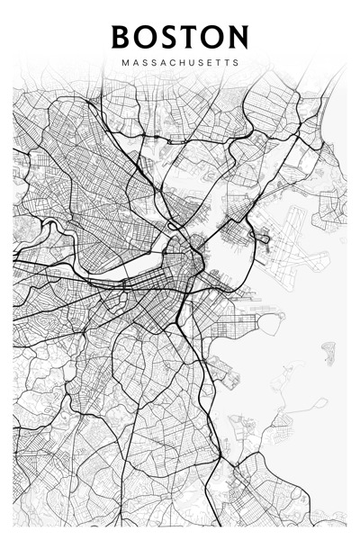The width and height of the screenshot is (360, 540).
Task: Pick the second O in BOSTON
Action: [213, 37]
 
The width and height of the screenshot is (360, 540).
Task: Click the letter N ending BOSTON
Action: [238, 37]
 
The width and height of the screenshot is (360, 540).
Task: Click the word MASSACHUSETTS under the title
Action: [180, 64]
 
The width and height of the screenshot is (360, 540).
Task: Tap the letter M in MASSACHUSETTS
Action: [123, 64]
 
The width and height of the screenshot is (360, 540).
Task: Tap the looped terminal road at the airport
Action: [262, 238]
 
